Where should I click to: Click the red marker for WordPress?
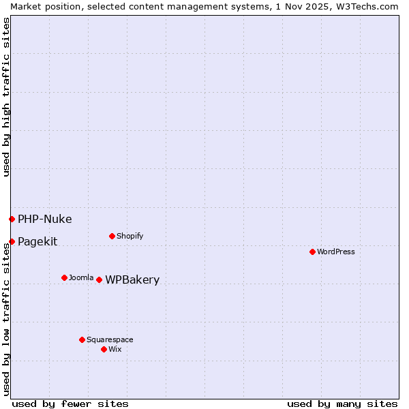click(312, 252)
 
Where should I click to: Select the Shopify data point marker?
click(112, 236)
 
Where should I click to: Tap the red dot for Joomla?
click(64, 277)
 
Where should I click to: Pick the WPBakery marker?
click(99, 279)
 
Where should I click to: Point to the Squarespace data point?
click(82, 339)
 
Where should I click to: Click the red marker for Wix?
click(104, 349)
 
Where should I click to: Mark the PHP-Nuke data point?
click(12, 219)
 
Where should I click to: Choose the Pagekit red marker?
click(12, 241)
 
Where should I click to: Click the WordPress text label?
click(336, 252)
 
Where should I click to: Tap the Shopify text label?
click(130, 236)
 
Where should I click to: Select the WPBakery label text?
click(132, 279)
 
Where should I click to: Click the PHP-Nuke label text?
click(44, 219)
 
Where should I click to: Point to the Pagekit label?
click(37, 241)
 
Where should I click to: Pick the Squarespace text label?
click(110, 339)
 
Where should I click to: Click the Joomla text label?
click(81, 277)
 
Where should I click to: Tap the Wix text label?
click(115, 349)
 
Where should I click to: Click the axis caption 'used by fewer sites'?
click(70, 404)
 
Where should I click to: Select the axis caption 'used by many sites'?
click(342, 404)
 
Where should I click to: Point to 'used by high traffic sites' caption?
click(6, 97)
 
